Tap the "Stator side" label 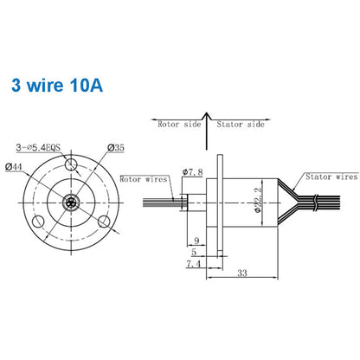240,124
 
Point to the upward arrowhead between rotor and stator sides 206,115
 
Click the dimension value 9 197,240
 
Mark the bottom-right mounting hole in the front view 106,222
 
